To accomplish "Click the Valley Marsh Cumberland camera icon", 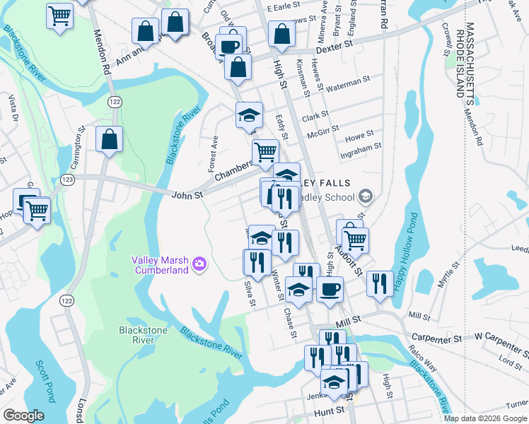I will click(199, 264).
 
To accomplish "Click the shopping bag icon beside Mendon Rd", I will click(110, 140).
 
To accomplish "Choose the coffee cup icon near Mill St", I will click(329, 289).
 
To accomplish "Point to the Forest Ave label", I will click(211, 154).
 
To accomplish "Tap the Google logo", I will click(23, 415).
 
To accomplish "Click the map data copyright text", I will click(485, 418).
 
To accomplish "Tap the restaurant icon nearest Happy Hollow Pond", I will click(380, 284).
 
